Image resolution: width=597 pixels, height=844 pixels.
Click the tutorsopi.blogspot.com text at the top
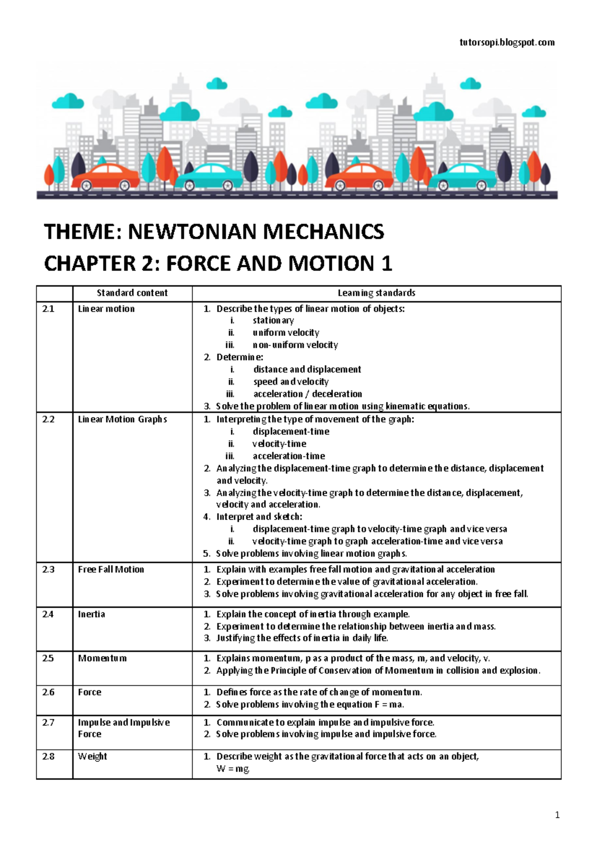(507, 42)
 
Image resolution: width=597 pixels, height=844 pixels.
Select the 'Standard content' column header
(132, 293)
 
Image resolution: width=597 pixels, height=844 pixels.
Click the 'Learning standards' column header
(376, 293)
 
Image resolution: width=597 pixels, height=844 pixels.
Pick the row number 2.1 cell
(48, 309)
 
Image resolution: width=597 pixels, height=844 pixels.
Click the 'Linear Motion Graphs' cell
(122, 420)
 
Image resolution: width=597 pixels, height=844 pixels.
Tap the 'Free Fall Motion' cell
(111, 569)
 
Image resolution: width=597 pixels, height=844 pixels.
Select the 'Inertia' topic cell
(92, 614)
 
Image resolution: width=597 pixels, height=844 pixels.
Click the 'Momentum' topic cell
(102, 658)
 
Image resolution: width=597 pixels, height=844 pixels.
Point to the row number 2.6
(48, 692)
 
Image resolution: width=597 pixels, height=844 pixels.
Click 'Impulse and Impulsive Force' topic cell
(123, 728)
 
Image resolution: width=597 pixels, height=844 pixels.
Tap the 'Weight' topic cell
(93, 756)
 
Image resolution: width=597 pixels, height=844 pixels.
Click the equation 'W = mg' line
(233, 769)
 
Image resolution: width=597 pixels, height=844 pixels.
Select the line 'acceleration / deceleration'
(307, 394)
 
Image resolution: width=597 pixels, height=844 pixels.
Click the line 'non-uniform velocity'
(295, 345)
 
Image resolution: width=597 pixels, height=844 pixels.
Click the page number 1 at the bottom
(557, 815)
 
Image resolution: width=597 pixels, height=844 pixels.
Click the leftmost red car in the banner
(105, 177)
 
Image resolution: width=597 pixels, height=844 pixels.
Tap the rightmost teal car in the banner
(463, 177)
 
